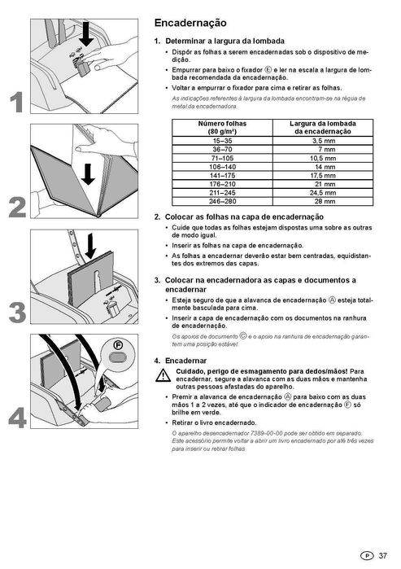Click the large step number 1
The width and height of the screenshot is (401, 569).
point(16,102)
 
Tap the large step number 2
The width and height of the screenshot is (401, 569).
point(16,207)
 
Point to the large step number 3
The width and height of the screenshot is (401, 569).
point(16,312)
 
